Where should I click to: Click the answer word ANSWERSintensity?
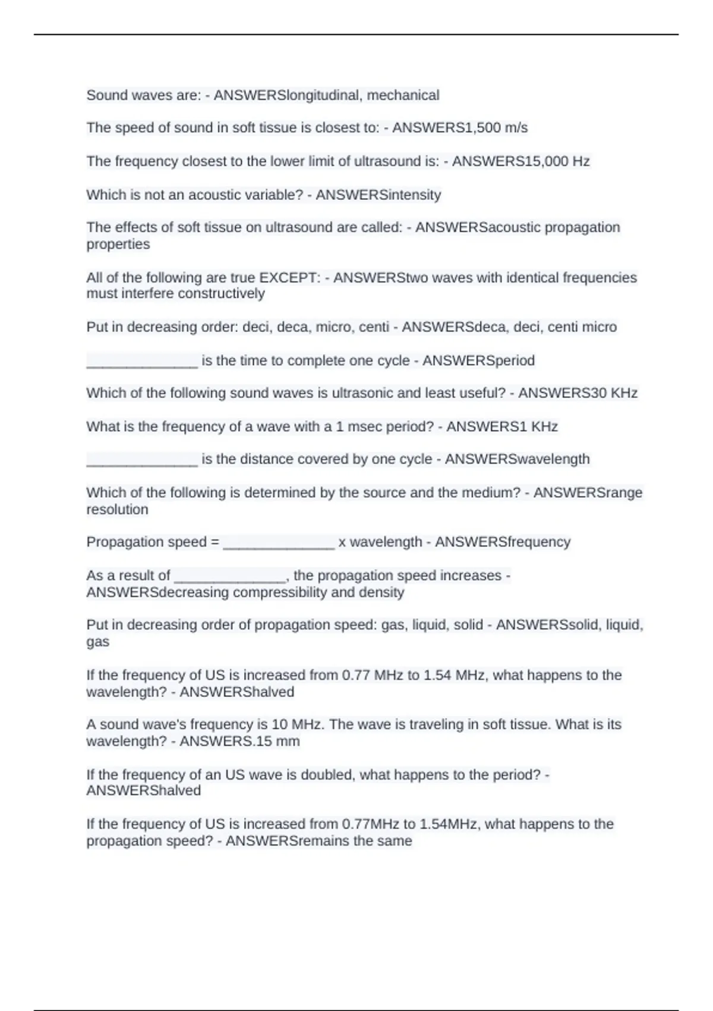[x=378, y=195]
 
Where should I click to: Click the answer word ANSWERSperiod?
[x=478, y=360]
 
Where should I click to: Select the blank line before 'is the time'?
[x=142, y=362]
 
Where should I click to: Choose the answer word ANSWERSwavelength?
[x=517, y=459]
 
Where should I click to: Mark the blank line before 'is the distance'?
[x=142, y=460]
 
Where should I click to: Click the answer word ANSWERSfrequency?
[x=503, y=542]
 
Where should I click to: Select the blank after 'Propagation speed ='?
[x=279, y=543]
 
